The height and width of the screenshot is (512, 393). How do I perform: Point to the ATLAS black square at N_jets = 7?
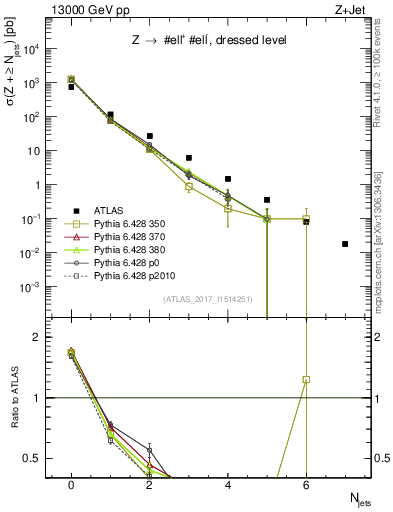[345, 244]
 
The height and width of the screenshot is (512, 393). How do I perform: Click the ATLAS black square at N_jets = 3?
[188, 158]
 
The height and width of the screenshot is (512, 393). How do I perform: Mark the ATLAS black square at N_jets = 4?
[228, 179]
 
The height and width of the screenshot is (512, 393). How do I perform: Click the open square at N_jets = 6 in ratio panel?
[306, 379]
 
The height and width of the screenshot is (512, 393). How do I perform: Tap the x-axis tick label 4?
[228, 485]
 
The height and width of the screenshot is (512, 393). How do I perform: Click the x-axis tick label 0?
[71, 485]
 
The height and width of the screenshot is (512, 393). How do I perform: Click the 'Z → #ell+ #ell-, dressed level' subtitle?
[189, 40]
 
